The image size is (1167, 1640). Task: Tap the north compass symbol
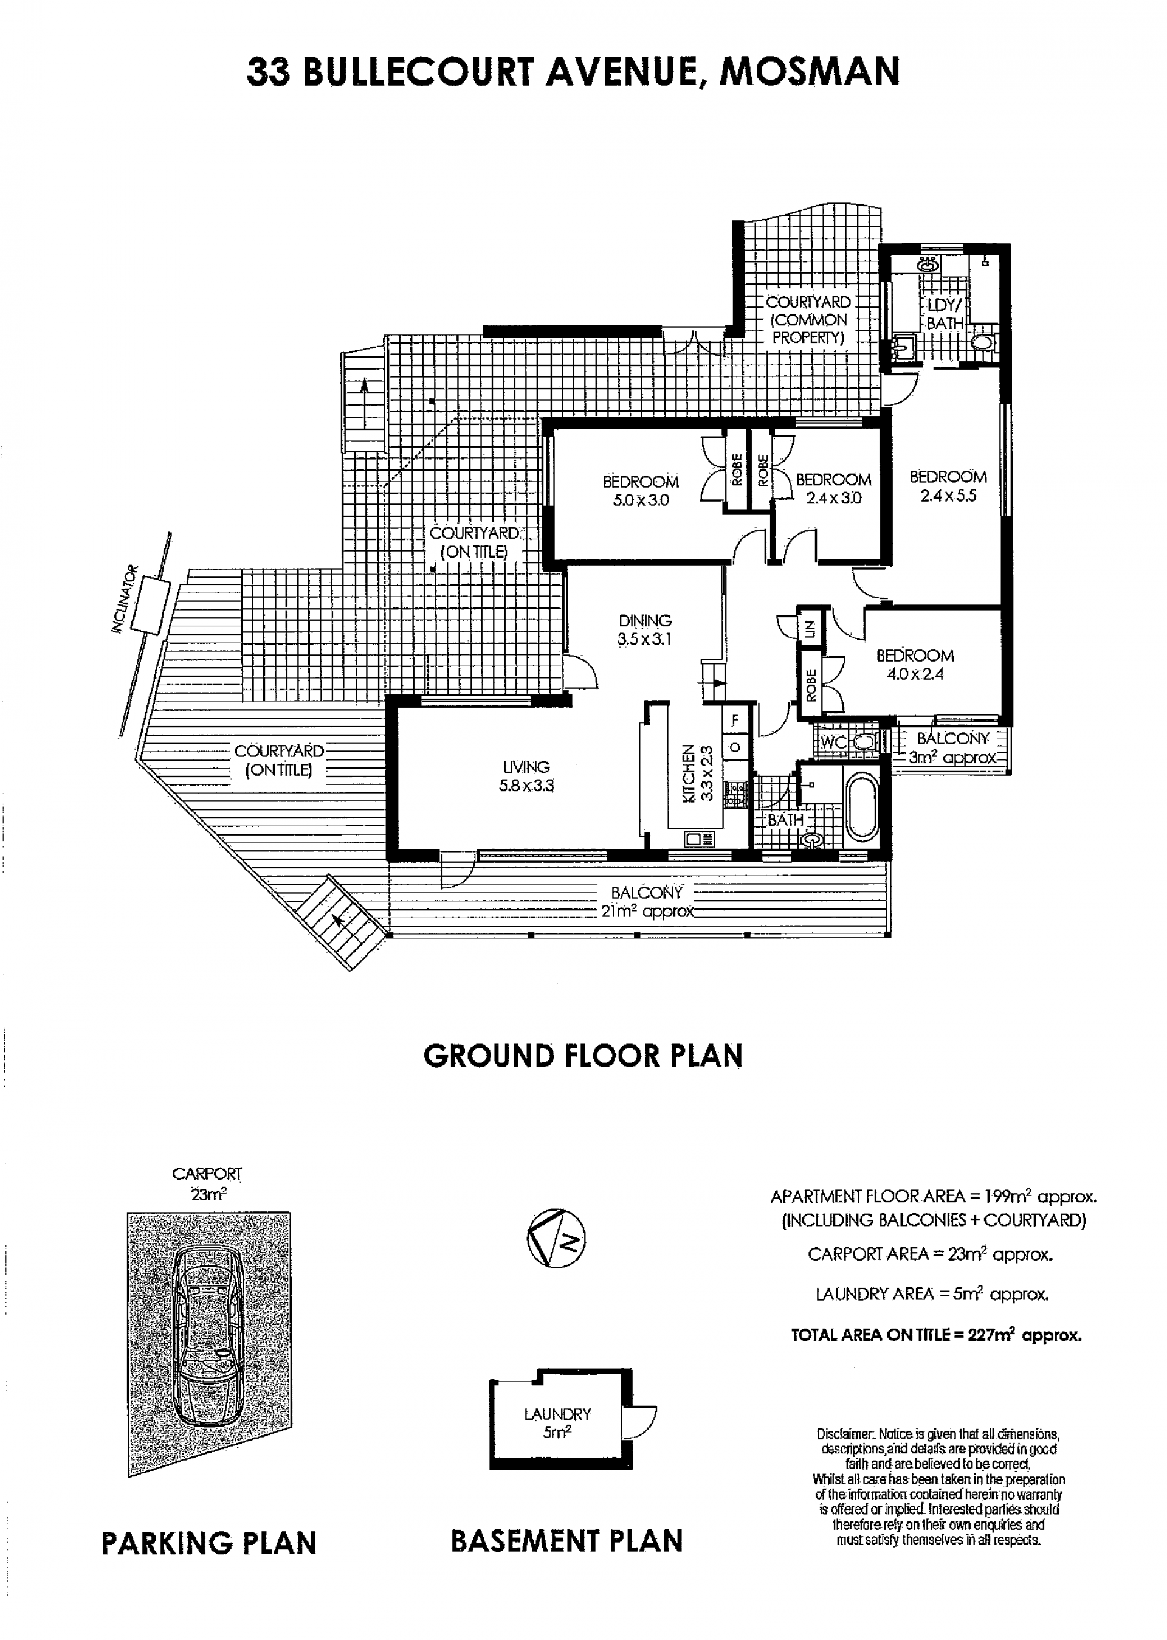(x=556, y=1238)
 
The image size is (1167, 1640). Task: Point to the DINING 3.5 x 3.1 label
(x=644, y=629)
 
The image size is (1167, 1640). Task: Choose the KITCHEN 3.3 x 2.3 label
(x=697, y=773)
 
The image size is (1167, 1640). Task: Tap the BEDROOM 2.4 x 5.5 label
(x=948, y=485)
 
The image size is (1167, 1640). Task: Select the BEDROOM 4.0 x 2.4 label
(x=915, y=665)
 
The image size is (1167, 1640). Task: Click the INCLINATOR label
(x=123, y=599)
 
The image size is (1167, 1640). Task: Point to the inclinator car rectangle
(x=150, y=606)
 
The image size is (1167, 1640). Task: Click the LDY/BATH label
(x=944, y=314)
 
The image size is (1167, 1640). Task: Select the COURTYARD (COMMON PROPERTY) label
(x=808, y=320)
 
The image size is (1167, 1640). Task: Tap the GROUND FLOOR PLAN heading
(x=583, y=1056)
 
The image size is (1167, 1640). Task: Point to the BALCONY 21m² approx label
(x=647, y=902)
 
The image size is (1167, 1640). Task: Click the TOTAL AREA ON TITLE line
(x=936, y=1335)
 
